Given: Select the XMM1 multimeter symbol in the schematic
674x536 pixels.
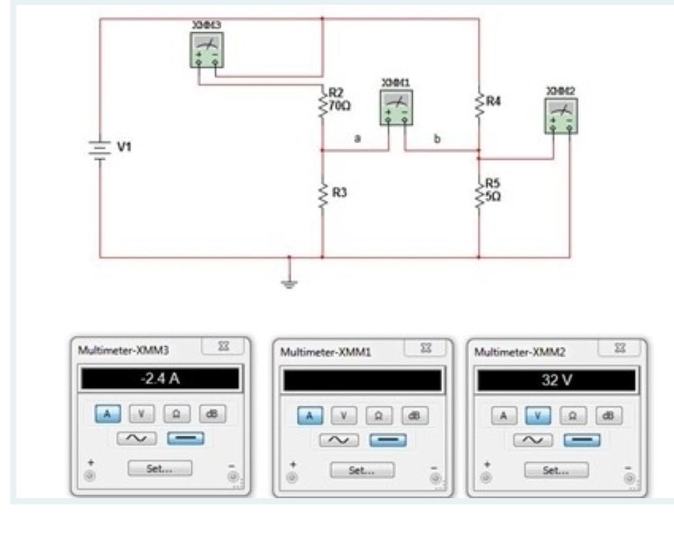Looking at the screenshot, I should [x=397, y=108].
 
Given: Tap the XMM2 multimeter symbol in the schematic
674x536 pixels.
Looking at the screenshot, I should [x=561, y=115].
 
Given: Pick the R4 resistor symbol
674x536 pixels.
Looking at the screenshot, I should [x=479, y=103].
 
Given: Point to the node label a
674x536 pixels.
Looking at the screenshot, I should [x=357, y=138].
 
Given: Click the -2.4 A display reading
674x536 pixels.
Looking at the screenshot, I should [x=159, y=378].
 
